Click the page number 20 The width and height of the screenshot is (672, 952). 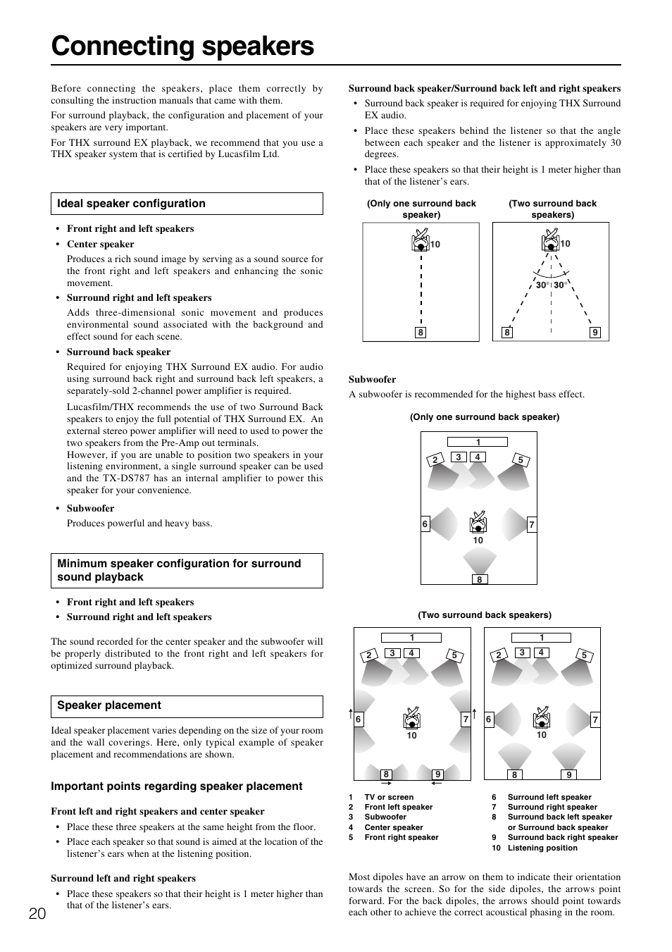[x=38, y=914]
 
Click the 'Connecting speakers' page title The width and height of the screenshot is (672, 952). [x=182, y=46]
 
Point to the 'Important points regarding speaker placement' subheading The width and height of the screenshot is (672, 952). [x=176, y=786]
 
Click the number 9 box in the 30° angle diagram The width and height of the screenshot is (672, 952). [x=595, y=333]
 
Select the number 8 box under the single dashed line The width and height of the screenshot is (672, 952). [x=421, y=333]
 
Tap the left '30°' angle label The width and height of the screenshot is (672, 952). [x=542, y=285]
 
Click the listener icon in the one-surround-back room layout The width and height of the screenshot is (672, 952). [x=478, y=521]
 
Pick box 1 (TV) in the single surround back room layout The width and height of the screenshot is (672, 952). [x=478, y=442]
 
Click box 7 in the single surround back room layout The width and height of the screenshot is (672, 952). [x=532, y=524]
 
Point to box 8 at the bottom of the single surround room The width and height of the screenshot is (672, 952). [x=479, y=579]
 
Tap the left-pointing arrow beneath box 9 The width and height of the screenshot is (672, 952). [x=437, y=782]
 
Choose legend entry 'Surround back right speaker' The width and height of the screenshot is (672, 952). [x=562, y=837]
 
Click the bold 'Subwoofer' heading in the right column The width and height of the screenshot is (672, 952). [x=372, y=379]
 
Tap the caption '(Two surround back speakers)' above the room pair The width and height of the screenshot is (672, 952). [x=485, y=614]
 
